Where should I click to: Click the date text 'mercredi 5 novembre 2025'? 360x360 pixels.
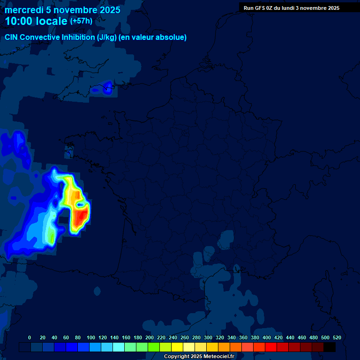[62, 10]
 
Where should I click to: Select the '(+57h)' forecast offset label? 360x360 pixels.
[81, 21]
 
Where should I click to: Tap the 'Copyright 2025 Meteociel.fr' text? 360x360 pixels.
[199, 356]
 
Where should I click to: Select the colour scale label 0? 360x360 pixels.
[30, 337]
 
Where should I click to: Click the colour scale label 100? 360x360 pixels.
[91, 337]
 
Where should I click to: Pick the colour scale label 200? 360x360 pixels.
[150, 337]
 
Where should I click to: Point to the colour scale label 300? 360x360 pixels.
[208, 337]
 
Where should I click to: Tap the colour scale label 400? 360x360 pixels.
[267, 337]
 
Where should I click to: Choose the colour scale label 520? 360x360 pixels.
[337, 337]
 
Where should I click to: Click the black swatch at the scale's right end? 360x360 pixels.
[330, 347]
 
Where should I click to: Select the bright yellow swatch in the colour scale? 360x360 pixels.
[177, 347]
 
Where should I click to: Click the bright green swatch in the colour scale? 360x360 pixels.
[154, 347]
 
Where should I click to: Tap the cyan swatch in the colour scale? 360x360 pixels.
[119, 347]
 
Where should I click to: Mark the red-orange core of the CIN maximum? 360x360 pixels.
[81, 217]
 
